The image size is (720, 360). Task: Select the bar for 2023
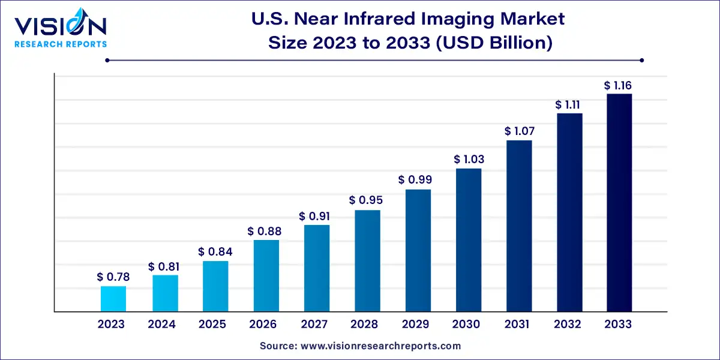[113, 299]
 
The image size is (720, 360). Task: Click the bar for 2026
[266, 275]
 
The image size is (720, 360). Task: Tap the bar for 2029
[418, 250]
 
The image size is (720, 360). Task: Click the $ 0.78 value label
[113, 277]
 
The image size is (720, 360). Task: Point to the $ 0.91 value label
[316, 216]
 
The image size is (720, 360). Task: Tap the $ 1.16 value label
[618, 86]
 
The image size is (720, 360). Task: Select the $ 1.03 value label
[469, 160]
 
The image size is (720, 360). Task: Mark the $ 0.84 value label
[215, 252]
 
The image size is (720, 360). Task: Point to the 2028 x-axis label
[365, 325]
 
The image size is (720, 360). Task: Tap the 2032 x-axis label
[568, 325]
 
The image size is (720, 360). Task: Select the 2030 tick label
[466, 325]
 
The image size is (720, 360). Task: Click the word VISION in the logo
[60, 26]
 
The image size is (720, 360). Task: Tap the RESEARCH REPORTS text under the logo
[60, 44]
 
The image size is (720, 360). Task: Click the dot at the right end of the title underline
[641, 60]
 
